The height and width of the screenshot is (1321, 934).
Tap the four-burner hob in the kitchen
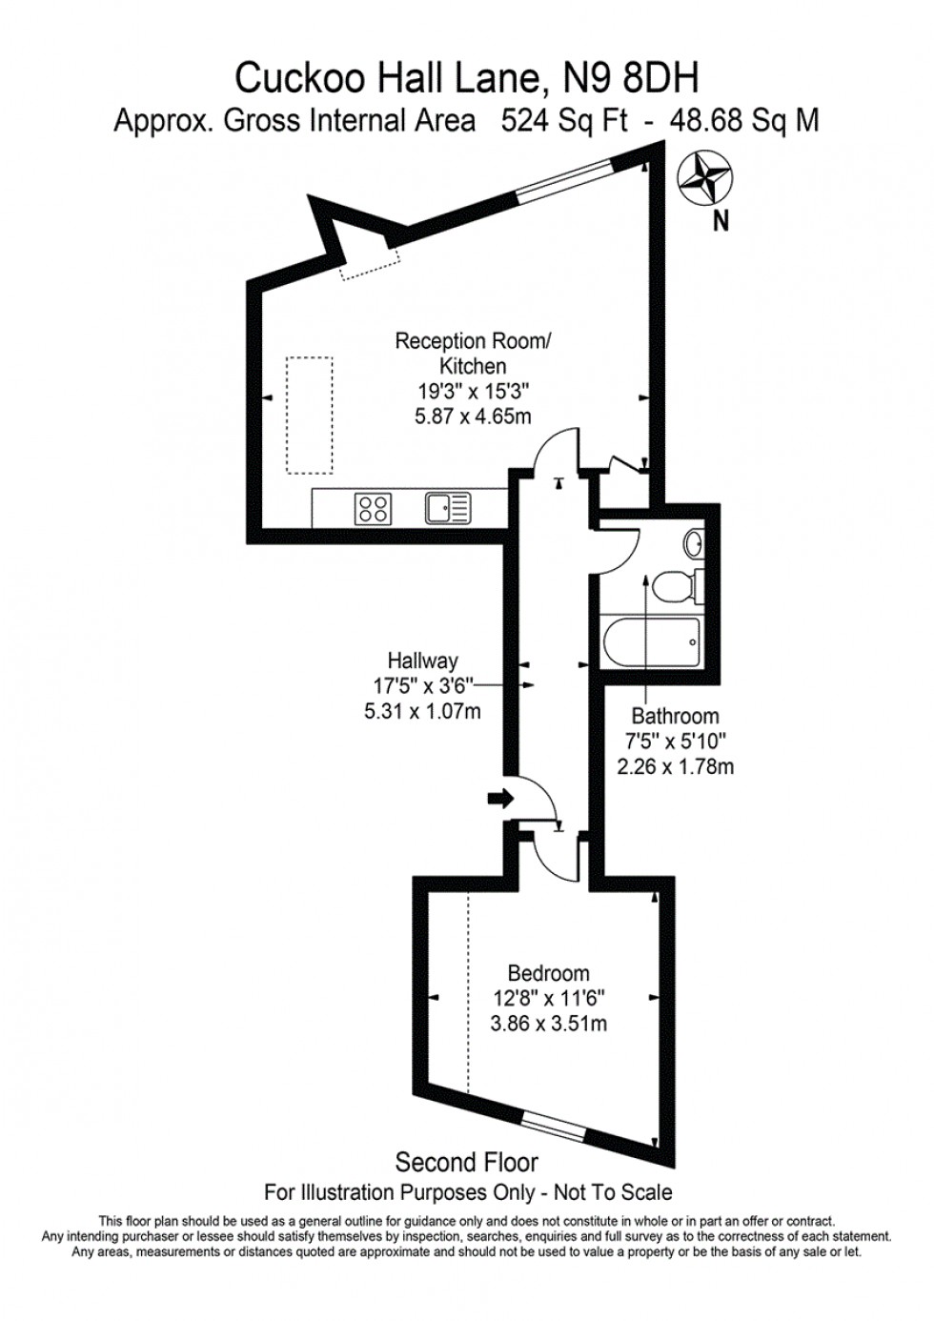[x=373, y=508]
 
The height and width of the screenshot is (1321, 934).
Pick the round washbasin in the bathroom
[x=694, y=544]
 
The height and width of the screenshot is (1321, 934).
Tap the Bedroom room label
[x=548, y=973]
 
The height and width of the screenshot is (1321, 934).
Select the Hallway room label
[x=422, y=660]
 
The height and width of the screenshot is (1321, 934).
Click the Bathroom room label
[x=675, y=716]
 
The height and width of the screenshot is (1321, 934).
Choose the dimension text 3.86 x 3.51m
[x=549, y=1024]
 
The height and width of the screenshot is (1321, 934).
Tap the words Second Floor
[x=467, y=1162]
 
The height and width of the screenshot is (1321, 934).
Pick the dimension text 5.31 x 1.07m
[x=422, y=710]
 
